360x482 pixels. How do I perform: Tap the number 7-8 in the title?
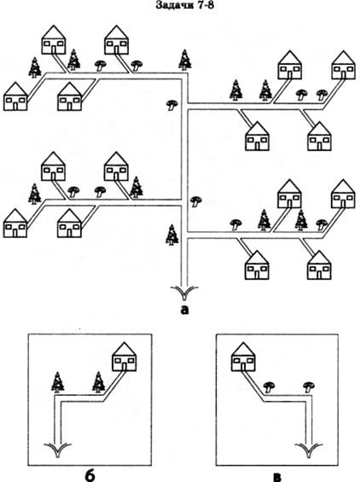coord(202,5)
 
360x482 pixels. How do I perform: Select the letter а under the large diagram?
coord(184,310)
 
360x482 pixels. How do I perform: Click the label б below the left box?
coord(90,475)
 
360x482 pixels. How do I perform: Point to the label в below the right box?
coord(277,477)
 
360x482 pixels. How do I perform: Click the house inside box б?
coord(125,357)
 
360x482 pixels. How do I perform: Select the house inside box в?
coord(243,357)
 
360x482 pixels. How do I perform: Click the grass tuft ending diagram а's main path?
coord(184,293)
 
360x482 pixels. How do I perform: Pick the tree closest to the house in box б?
coord(99,382)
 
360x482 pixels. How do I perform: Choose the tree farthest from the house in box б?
coord(57,382)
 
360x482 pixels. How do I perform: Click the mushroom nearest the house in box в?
coord(270,386)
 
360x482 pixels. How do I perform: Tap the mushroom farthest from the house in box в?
coord(309,386)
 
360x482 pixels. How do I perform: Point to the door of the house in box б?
coord(125,367)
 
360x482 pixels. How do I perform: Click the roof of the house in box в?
coord(243,349)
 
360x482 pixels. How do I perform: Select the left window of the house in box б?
coord(118,360)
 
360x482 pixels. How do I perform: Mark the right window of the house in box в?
coord(250,360)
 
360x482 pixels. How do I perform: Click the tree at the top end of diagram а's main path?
coord(185,60)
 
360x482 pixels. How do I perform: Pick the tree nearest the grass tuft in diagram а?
coord(172,235)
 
